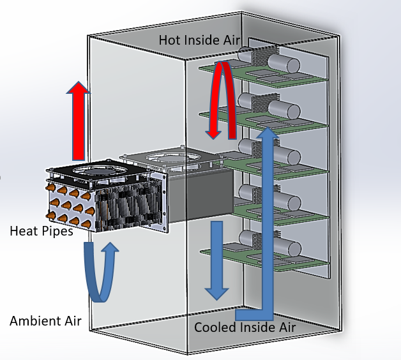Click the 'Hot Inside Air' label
(199, 40)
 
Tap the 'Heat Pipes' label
(41, 231)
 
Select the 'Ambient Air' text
(45, 320)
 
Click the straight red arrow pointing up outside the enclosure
(78, 121)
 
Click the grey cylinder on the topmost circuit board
(284, 63)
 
